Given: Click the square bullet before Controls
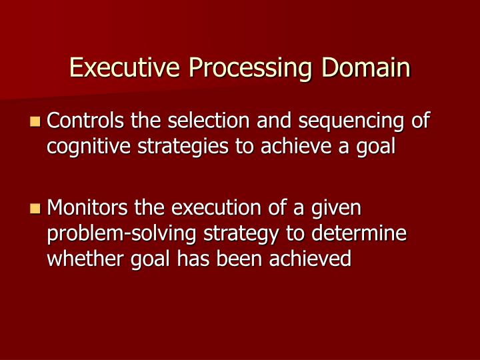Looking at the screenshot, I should [35, 122].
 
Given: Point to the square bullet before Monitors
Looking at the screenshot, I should [35, 209].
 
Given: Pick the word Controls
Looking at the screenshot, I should [85, 121].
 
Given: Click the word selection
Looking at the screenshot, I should [200, 121].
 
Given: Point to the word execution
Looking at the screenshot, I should [216, 209].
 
